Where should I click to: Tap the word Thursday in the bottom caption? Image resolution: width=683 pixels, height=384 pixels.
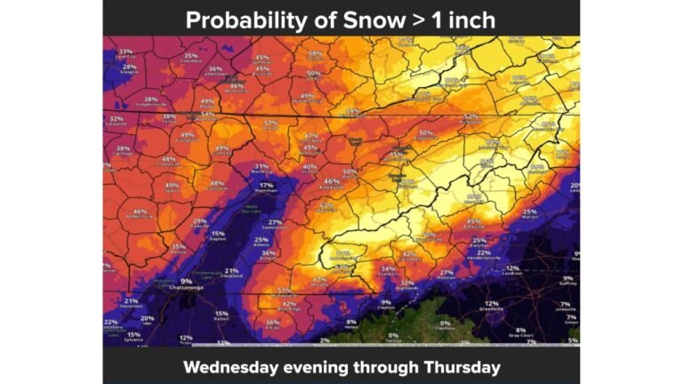click(462, 366)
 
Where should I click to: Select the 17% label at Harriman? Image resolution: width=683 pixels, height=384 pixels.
click(266, 185)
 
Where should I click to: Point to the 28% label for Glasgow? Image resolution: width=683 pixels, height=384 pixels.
click(130, 67)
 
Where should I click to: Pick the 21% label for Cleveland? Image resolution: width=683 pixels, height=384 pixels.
click(231, 270)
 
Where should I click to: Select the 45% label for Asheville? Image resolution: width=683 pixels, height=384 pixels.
click(474, 220)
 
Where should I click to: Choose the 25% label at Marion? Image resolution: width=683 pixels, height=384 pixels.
click(529, 211)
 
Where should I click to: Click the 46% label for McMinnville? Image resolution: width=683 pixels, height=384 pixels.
click(140, 212)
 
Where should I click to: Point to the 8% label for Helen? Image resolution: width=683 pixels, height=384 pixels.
click(351, 322)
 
